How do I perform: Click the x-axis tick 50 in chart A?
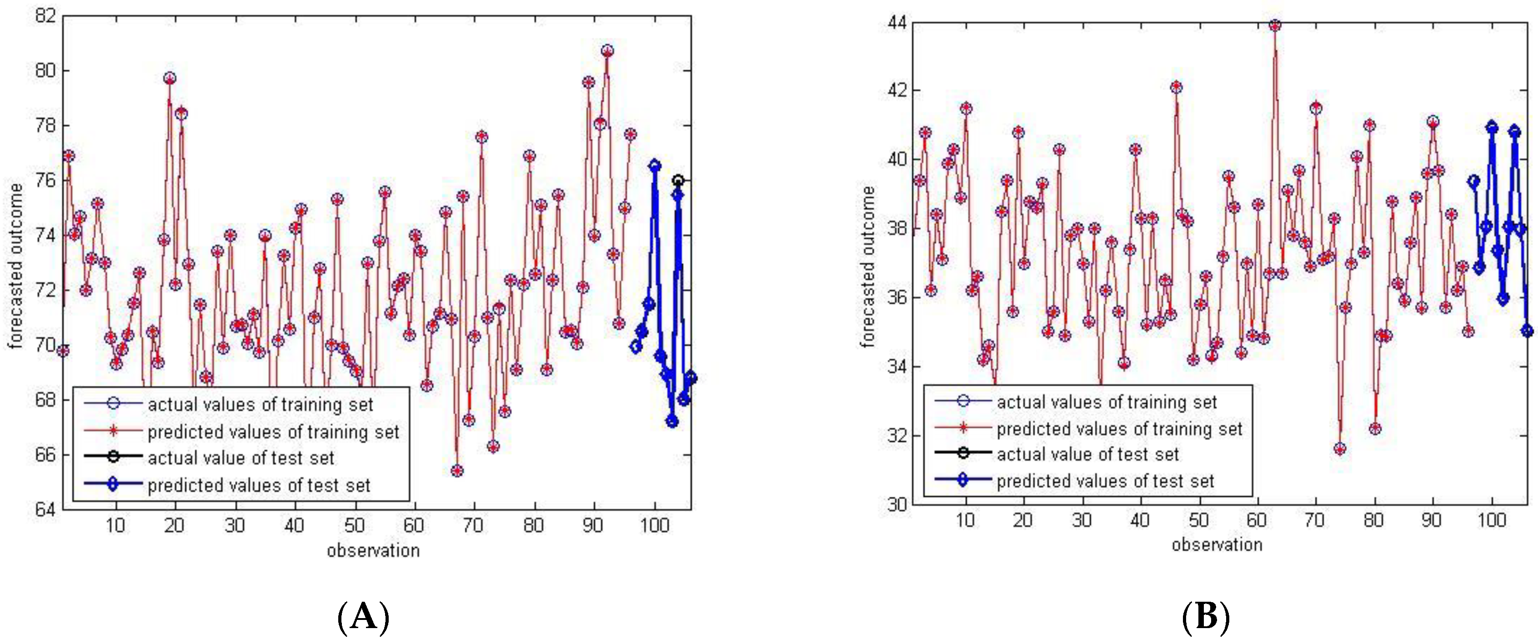tap(354, 525)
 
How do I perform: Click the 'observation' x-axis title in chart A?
tap(373, 550)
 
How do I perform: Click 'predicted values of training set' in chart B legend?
tap(1119, 429)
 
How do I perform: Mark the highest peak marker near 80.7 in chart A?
tap(607, 51)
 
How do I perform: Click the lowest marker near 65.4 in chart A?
tap(457, 471)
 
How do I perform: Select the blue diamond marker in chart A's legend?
tap(113, 484)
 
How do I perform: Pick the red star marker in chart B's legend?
tap(962, 428)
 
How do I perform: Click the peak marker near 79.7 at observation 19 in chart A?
tap(170, 78)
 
